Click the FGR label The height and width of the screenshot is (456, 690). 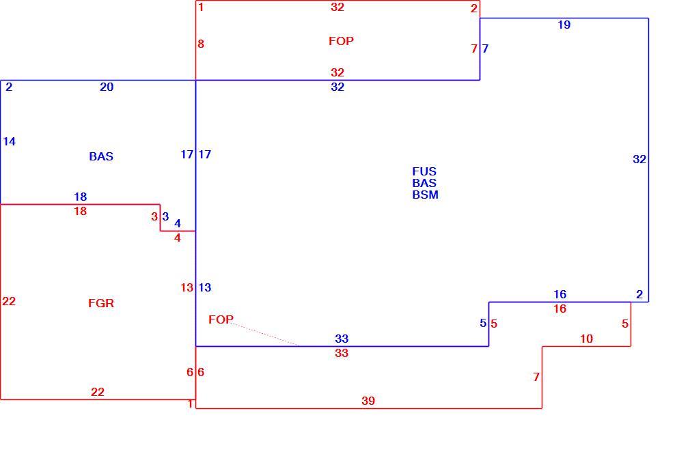[x=101, y=303]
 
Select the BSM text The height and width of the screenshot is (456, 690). [x=425, y=195]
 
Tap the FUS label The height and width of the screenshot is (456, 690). [x=424, y=171]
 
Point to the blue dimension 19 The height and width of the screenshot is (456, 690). [x=564, y=25]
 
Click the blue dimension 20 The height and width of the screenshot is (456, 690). [x=107, y=87]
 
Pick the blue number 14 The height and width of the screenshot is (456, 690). [x=10, y=141]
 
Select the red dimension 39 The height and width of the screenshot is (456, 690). [x=368, y=401]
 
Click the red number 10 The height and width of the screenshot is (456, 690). [x=587, y=339]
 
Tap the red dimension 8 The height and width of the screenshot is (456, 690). [x=201, y=44]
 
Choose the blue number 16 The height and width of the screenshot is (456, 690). [x=560, y=294]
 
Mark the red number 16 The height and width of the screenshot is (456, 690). [x=560, y=309]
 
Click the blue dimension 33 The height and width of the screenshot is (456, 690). [x=342, y=339]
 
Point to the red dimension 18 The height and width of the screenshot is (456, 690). [x=80, y=212]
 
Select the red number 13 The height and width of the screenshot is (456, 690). [x=187, y=288]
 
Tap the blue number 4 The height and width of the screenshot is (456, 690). [x=178, y=223]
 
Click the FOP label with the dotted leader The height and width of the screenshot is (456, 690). [x=221, y=319]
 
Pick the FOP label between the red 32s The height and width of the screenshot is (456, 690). [x=341, y=42]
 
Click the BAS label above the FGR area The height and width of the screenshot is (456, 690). [x=101, y=156]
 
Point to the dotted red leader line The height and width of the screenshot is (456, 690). [x=265, y=334]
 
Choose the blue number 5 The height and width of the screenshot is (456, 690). [x=483, y=323]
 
